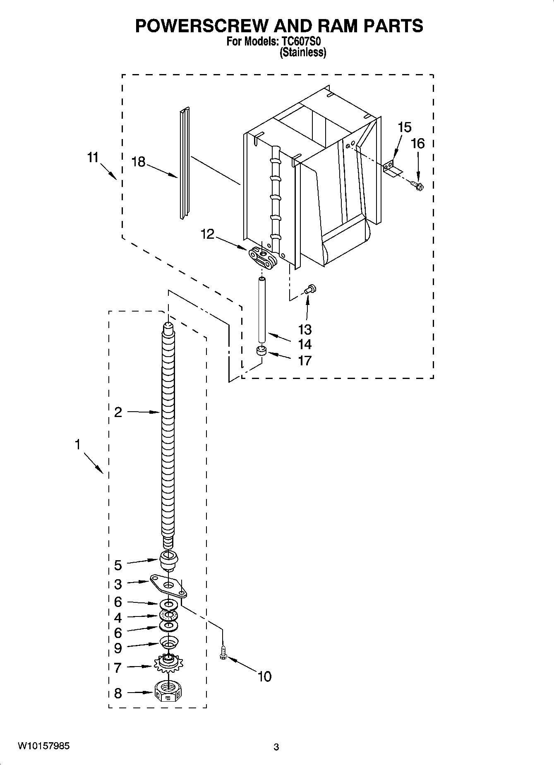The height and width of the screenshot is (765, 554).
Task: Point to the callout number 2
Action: click(118, 412)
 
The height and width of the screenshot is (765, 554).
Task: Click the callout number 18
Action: click(138, 162)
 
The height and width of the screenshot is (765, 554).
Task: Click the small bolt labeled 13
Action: click(310, 289)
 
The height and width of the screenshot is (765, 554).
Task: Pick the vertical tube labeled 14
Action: click(261, 310)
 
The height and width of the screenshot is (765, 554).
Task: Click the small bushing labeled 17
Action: click(261, 351)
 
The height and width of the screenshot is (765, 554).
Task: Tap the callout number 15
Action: click(404, 127)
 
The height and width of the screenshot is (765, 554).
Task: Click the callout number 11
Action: click(93, 158)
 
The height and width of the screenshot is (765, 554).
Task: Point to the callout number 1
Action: click(77, 445)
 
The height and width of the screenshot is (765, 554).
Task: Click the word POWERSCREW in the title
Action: click(202, 26)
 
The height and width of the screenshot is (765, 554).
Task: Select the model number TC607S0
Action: click(302, 42)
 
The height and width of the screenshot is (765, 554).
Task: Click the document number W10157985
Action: click(43, 746)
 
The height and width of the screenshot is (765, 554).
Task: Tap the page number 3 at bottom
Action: click(276, 747)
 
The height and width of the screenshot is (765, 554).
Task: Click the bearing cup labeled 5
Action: click(168, 560)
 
